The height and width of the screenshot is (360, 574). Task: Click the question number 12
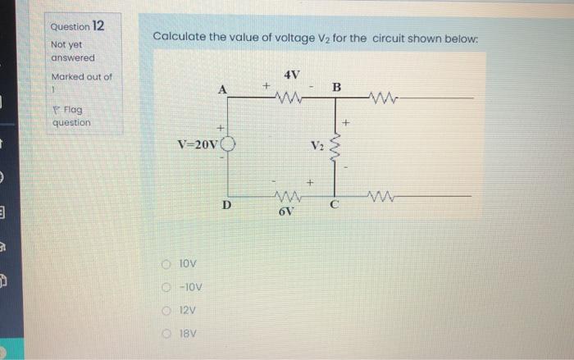[98, 26]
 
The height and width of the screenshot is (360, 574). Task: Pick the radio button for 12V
[166, 312]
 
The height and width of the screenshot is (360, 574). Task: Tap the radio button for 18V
[166, 335]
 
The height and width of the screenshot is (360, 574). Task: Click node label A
[221, 89]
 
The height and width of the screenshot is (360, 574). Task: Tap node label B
[336, 87]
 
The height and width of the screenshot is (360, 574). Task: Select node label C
[334, 206]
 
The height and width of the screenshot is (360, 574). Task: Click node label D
[227, 204]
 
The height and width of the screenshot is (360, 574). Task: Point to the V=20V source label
[198, 146]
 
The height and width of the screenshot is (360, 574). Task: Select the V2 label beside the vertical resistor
[317, 147]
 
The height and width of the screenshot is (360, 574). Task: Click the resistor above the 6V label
[286, 196]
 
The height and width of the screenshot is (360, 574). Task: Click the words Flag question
[71, 116]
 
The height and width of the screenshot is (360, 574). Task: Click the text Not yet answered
[73, 51]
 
